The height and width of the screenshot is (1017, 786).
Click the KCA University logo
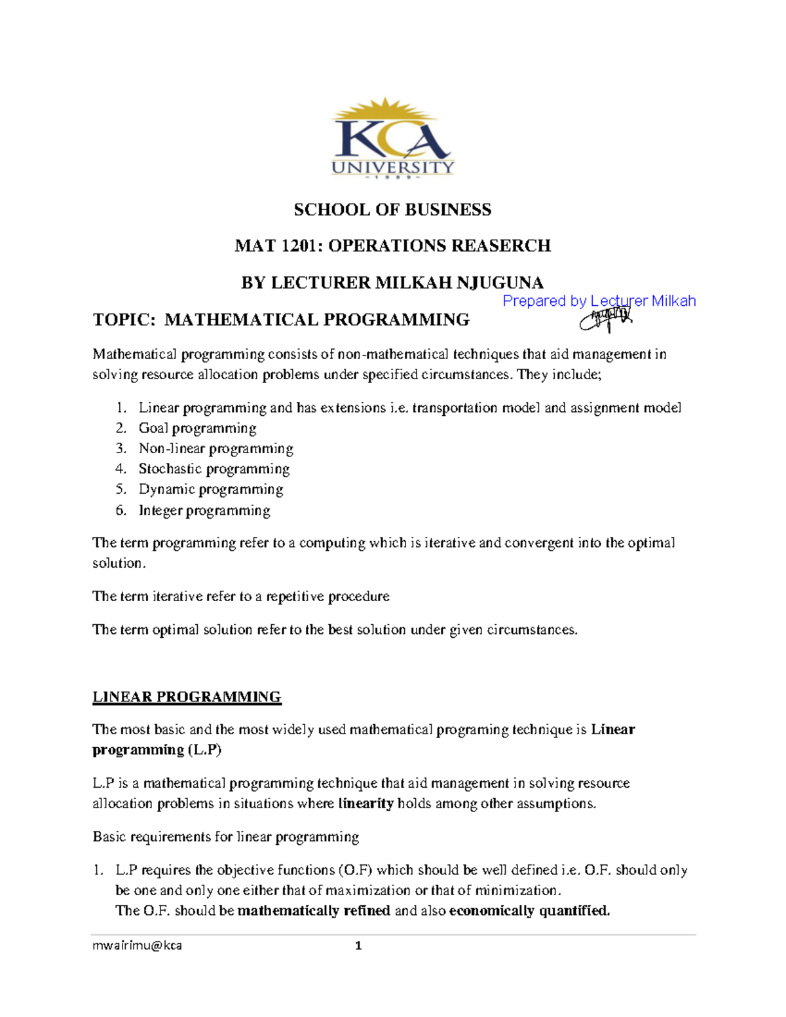[x=392, y=139]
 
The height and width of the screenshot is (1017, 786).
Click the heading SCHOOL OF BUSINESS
[x=392, y=210]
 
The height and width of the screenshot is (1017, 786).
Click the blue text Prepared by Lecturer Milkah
[x=599, y=301]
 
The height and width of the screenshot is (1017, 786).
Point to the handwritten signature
[x=604, y=319]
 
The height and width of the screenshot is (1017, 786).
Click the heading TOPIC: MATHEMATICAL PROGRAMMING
[x=281, y=320]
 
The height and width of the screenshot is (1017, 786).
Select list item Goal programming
[x=197, y=428]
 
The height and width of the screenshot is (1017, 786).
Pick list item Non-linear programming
[x=215, y=449]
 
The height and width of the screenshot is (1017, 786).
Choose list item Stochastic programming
[x=214, y=469]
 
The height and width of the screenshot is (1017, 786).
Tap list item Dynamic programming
[x=210, y=489]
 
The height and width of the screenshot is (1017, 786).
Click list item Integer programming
[x=204, y=510]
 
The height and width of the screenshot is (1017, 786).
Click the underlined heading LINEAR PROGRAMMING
[x=187, y=697]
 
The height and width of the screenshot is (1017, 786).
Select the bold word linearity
[x=365, y=804]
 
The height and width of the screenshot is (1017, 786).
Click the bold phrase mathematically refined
[x=314, y=910]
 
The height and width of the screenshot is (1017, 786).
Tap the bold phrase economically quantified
[x=529, y=910]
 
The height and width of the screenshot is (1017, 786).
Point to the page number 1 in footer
[x=358, y=945]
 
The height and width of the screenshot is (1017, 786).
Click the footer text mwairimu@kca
[x=137, y=945]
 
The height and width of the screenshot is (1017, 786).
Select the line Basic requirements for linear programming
[x=225, y=837]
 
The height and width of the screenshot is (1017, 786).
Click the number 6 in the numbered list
[x=121, y=510]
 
